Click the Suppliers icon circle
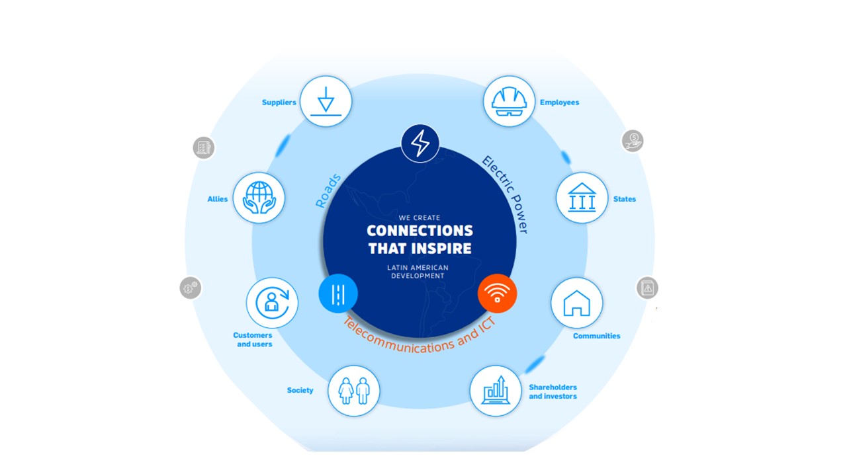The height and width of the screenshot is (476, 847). pos(326,101)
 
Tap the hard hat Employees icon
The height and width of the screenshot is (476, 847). pos(509,101)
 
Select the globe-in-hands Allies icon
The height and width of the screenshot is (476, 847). pos(259,198)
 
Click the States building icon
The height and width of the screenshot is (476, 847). pos(582,198)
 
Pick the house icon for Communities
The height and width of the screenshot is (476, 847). pos(576,303)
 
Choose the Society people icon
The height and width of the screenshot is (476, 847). pos(353,391)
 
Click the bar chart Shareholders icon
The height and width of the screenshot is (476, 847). pos(496,391)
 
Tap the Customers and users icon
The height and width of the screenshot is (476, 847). pos(272,303)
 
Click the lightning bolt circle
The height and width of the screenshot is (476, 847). pos(420,143)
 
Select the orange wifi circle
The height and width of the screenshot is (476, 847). pos(497,294)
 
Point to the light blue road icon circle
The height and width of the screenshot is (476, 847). pos(338,294)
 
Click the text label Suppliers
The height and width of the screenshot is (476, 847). pos(279,102)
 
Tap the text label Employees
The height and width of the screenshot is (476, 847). pos(559,102)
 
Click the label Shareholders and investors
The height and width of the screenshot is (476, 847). pos(553,392)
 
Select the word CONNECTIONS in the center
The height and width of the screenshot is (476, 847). pos(420,231)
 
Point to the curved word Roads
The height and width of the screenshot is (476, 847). pos(328,191)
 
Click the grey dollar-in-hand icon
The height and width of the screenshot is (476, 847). pos(633,141)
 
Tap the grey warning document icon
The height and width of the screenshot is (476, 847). pos(647,288)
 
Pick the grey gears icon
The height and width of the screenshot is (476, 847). pos(190,288)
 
